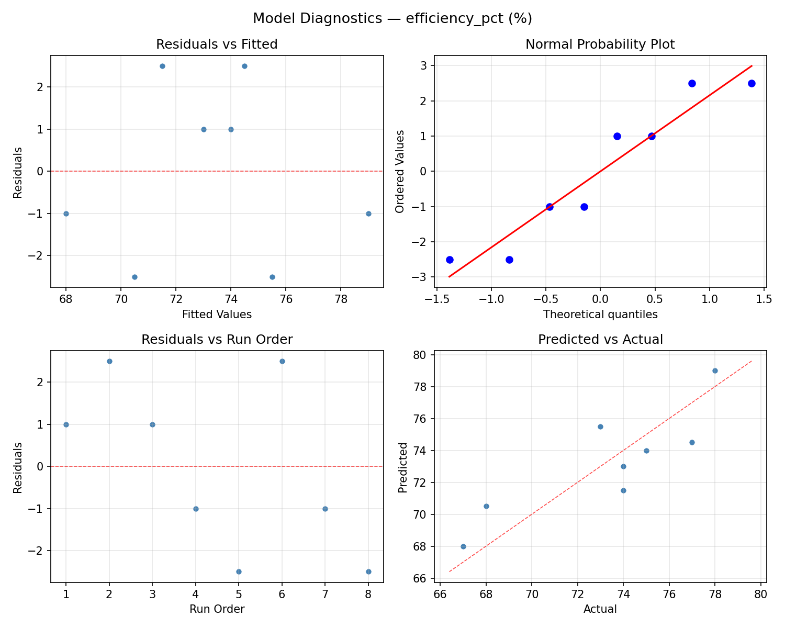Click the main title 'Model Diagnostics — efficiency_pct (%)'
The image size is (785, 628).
(x=392, y=18)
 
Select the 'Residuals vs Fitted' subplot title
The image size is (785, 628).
(x=217, y=44)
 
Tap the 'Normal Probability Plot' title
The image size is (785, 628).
(x=600, y=44)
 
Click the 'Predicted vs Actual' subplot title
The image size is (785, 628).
(x=600, y=340)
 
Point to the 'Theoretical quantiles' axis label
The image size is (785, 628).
(x=600, y=315)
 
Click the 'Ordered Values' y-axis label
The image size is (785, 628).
(x=400, y=171)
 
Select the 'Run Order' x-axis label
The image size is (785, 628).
(x=217, y=609)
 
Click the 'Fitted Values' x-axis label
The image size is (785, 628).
(x=217, y=315)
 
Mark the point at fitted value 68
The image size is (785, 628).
(x=66, y=214)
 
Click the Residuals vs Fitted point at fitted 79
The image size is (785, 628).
(x=368, y=214)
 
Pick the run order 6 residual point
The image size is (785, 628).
(x=282, y=361)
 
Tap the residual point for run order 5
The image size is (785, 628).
(x=239, y=571)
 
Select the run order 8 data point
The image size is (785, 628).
(x=368, y=571)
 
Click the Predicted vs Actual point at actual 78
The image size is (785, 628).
(x=715, y=371)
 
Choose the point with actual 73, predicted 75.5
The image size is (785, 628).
(x=600, y=427)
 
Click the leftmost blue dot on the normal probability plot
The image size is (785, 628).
(x=450, y=260)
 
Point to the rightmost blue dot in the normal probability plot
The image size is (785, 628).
(x=752, y=83)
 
